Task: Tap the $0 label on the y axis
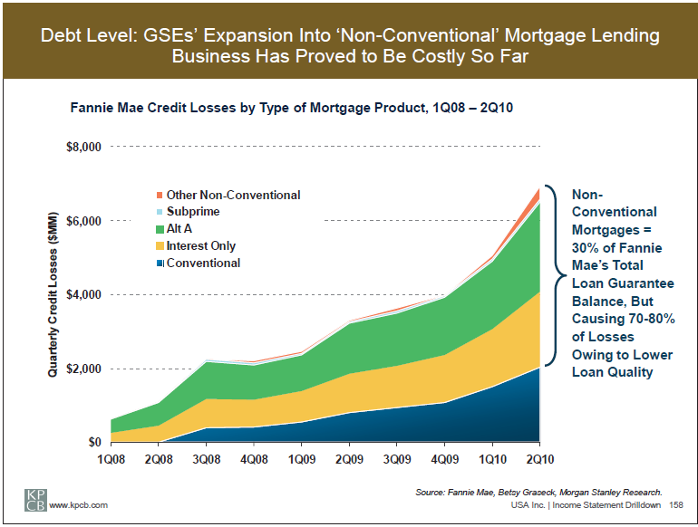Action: [93, 443]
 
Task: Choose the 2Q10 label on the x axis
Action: [539, 459]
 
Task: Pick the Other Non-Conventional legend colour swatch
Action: [160, 195]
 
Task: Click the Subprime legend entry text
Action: [193, 212]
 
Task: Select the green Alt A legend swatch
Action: [160, 229]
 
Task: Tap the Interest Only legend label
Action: [201, 246]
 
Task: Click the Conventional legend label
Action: [204, 263]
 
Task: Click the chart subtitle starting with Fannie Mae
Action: [293, 108]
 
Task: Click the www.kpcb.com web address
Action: [79, 504]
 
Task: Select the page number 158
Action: [676, 504]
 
